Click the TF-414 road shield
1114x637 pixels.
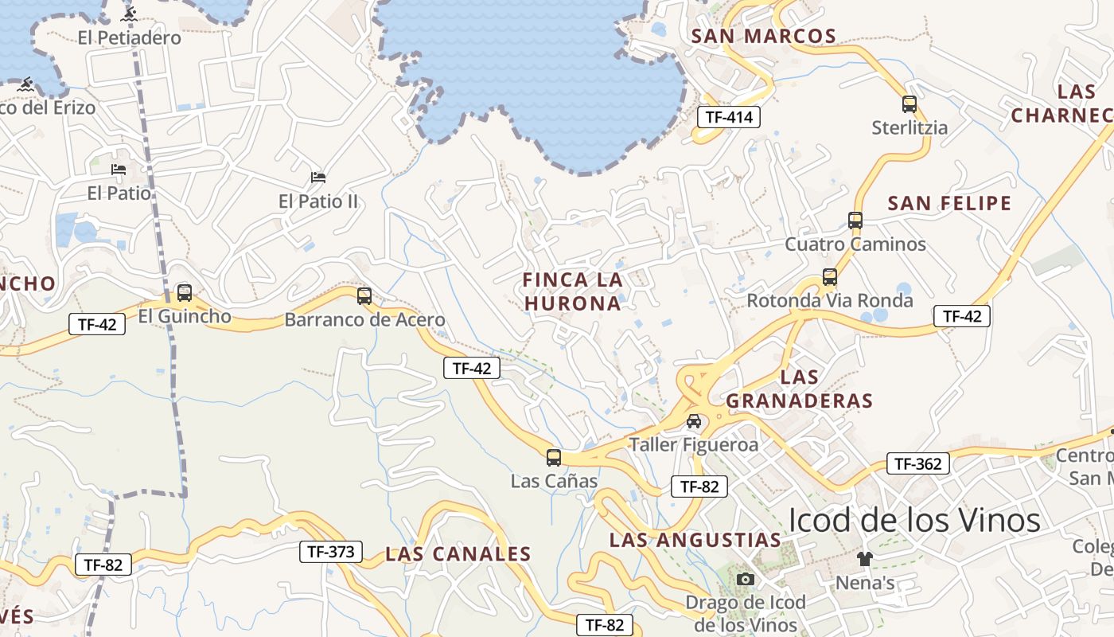[729, 117]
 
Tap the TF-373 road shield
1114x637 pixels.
[331, 551]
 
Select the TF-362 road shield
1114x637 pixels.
[918, 463]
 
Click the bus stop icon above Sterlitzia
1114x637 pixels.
[910, 104]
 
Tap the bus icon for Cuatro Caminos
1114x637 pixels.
[855, 221]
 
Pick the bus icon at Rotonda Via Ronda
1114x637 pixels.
[830, 277]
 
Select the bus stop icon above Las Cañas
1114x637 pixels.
[554, 458]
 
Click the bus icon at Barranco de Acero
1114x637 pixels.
[364, 296]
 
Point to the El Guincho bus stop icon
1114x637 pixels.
[185, 293]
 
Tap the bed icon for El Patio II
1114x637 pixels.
[318, 177]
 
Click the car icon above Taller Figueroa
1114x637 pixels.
[694, 421]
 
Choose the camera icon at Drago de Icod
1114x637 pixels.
[746, 579]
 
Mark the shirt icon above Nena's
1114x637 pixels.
[865, 559]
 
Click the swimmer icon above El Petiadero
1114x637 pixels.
[130, 14]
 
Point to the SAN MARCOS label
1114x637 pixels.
[764, 36]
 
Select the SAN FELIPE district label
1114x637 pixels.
[949, 204]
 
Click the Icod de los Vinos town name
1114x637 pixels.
[914, 520]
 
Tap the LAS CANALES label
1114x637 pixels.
[458, 554]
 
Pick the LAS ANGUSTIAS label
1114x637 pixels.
[695, 540]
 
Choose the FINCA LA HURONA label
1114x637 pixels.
[573, 291]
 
